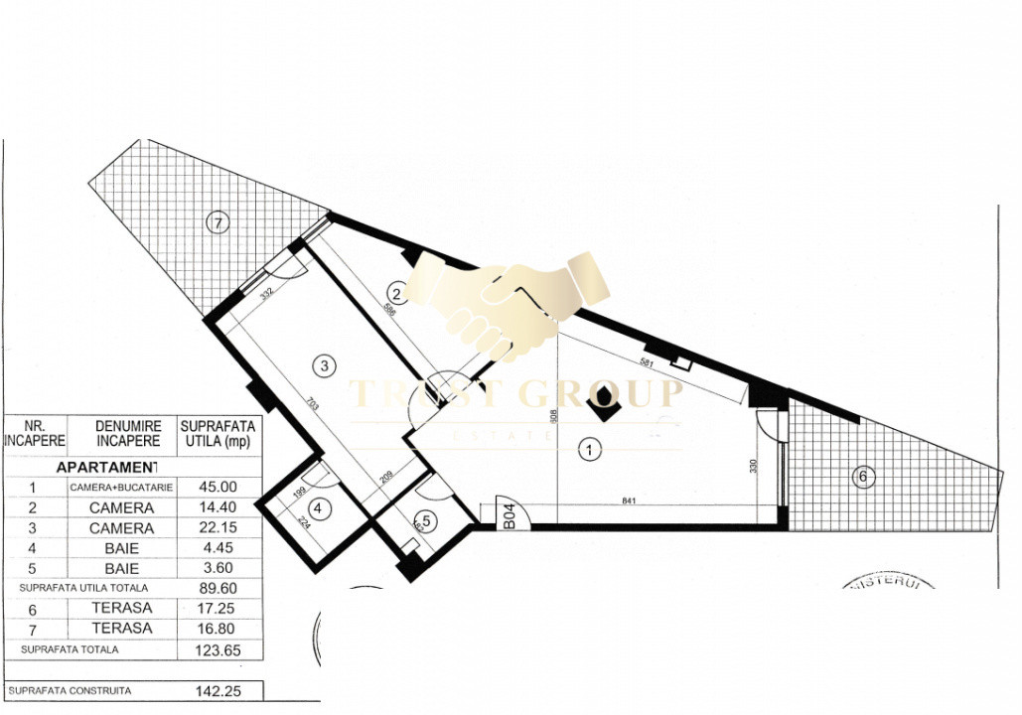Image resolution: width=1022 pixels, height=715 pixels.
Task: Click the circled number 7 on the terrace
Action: tap(217, 222)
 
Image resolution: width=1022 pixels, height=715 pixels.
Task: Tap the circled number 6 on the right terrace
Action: tap(862, 477)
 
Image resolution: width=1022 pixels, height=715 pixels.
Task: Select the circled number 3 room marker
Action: tap(323, 365)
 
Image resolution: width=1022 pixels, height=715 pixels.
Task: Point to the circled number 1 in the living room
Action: tap(590, 450)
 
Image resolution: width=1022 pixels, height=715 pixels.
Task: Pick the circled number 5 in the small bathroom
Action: tap(425, 518)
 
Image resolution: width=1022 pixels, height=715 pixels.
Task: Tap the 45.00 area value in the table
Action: tap(219, 487)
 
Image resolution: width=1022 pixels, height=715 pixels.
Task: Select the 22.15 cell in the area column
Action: tap(219, 528)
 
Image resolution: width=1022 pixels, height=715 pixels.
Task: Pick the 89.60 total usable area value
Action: tap(219, 588)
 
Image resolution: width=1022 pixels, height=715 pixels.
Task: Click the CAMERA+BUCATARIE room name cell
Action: tap(121, 488)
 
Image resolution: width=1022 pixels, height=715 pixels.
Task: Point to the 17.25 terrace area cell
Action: tap(219, 608)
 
